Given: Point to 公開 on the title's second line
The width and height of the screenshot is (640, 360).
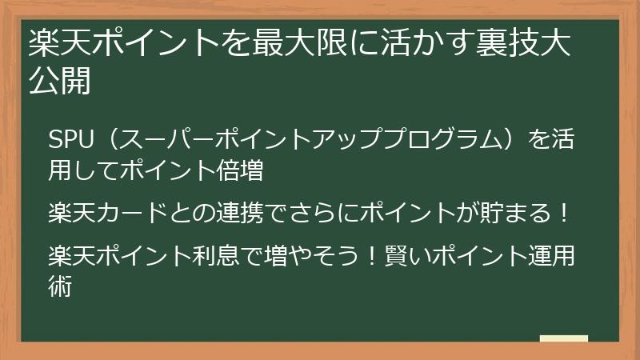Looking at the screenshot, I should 59,82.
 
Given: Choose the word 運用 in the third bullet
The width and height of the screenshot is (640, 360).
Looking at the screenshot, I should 552,257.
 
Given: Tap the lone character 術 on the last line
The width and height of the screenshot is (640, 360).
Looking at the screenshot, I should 61,286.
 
